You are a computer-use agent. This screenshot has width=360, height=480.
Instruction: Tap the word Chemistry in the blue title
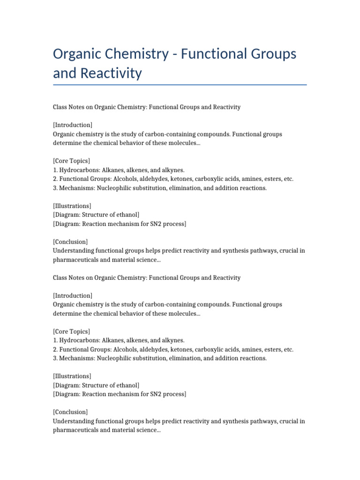pos(138,54)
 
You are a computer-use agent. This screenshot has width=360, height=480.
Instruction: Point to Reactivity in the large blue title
pos(111,73)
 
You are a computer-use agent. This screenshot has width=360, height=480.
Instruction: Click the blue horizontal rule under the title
pos(180,85)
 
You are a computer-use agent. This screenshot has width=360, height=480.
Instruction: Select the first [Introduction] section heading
pos(73,125)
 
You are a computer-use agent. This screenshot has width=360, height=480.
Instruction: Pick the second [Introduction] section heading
pos(73,295)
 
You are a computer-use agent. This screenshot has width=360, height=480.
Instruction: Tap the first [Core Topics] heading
pos(71,161)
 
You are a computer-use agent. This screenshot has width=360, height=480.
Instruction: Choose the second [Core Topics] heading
pos(71,331)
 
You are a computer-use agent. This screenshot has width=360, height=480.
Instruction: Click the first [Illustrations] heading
pos(72,206)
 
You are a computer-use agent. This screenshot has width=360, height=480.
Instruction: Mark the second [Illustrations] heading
pos(72,376)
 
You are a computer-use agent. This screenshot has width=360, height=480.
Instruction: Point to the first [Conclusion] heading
pos(70,242)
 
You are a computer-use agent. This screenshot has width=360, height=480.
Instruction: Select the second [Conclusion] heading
pos(70,412)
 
